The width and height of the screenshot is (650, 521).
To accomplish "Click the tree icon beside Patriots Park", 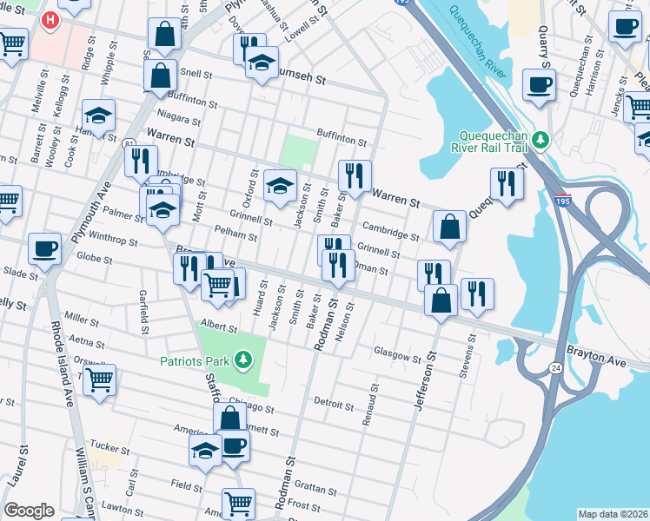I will (244, 358).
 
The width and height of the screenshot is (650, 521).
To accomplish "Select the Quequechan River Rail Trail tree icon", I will (541, 139).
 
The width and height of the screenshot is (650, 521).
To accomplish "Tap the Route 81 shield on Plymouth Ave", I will (129, 142).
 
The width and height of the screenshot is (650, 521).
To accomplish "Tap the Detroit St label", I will (334, 404).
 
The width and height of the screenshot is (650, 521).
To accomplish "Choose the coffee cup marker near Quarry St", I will (539, 85).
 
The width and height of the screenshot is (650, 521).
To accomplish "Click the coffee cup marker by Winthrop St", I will (44, 247).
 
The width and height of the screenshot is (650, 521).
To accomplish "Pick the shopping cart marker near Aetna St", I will (100, 379).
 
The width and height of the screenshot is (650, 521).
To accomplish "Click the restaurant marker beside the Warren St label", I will (355, 175).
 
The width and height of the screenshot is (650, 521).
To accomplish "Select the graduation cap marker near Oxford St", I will (280, 184).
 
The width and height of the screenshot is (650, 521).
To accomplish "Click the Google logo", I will (29, 511).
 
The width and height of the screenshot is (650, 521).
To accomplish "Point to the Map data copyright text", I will (612, 514).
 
